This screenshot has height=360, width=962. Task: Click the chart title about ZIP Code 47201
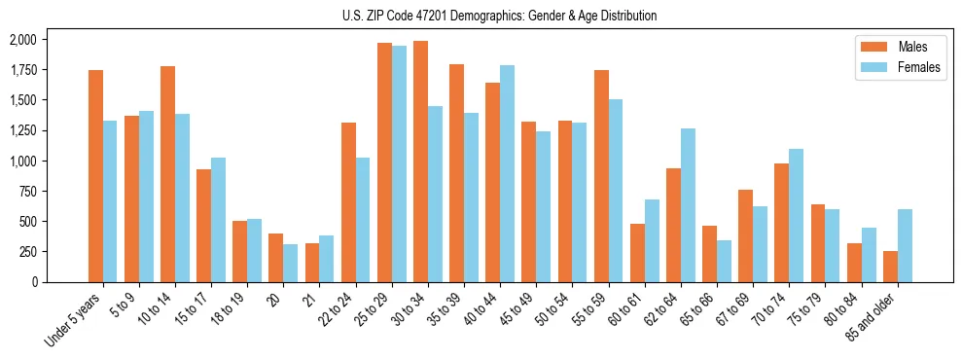(500, 16)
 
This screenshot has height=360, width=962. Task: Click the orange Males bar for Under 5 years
(95, 176)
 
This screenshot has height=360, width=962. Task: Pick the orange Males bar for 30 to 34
(420, 162)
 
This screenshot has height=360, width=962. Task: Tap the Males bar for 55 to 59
(601, 176)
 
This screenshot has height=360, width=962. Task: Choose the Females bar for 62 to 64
(688, 205)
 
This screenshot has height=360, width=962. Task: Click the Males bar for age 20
(276, 258)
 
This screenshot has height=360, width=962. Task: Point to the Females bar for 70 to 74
(796, 215)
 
